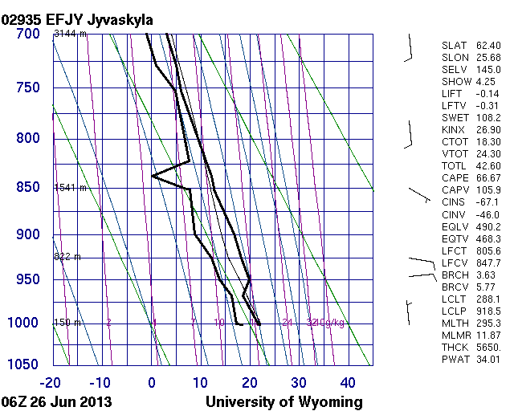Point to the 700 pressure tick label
click(x=27, y=35)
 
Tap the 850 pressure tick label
click(x=27, y=188)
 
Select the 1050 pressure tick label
click(x=23, y=364)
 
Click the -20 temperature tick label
click(x=51, y=382)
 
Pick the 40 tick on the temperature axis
click(x=348, y=382)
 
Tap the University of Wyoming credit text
click(x=284, y=401)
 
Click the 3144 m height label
click(x=69, y=35)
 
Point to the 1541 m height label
click(x=69, y=188)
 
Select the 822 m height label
click(x=67, y=257)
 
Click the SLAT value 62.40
click(x=487, y=45)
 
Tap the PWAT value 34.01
click(x=487, y=359)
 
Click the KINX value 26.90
click(x=487, y=129)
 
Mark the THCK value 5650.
click(x=487, y=347)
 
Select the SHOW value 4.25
click(x=487, y=81)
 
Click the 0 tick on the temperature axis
click(x=152, y=382)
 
